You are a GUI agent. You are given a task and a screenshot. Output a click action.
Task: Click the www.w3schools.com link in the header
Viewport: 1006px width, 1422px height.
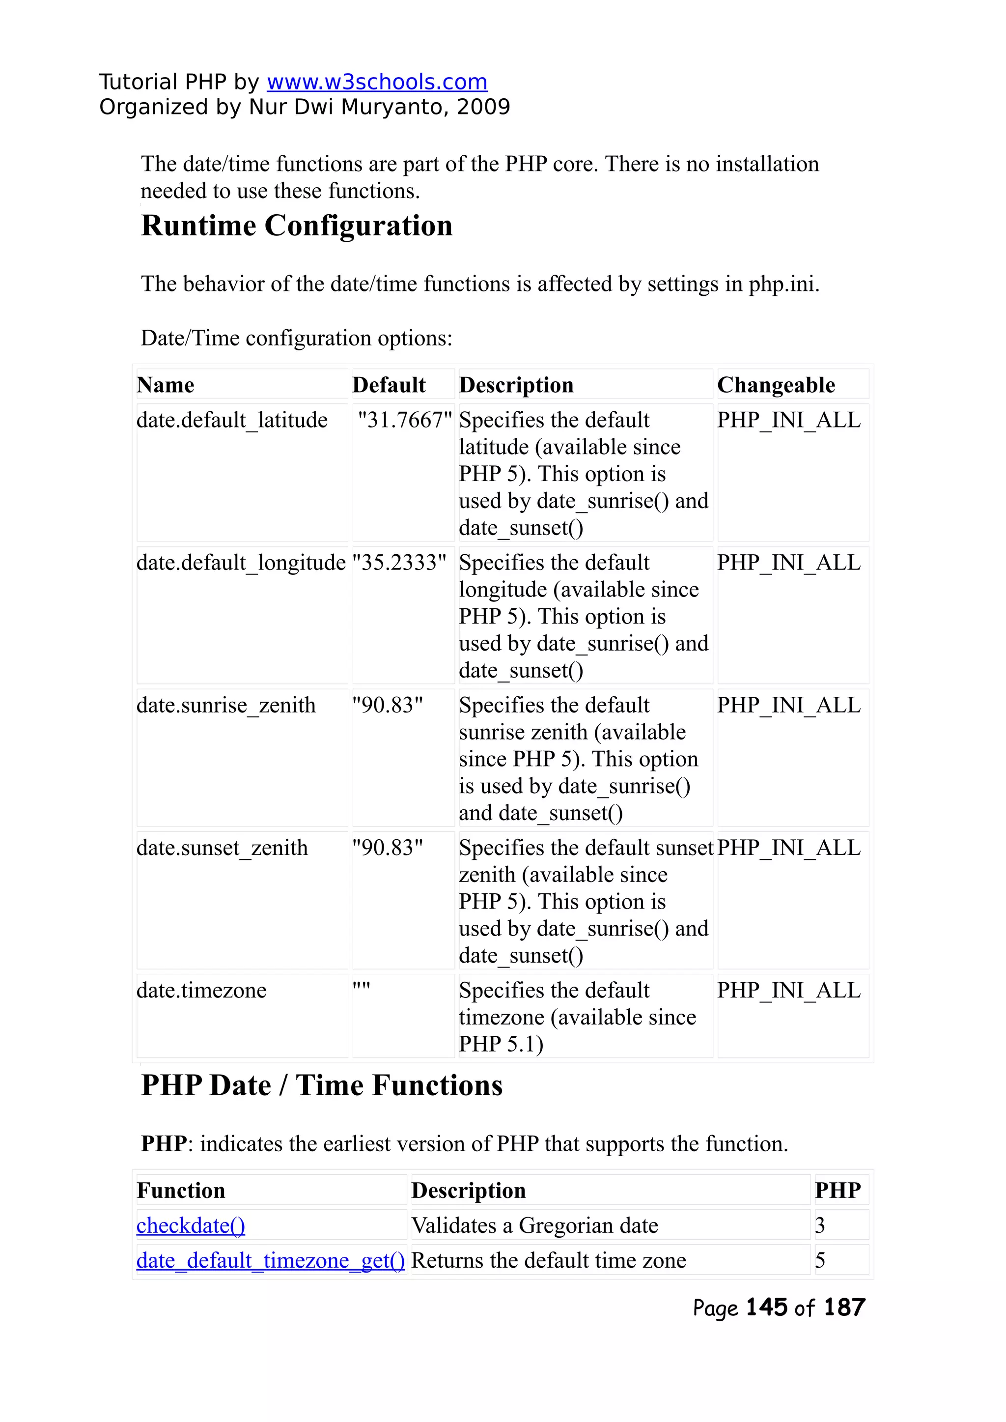(377, 82)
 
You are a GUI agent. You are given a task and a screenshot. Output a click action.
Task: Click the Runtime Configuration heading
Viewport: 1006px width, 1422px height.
(297, 226)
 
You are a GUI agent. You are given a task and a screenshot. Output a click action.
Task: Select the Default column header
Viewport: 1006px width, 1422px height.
(389, 385)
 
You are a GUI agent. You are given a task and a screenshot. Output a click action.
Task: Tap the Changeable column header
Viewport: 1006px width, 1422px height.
(776, 385)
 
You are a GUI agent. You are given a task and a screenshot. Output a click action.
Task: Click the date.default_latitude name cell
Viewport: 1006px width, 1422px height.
(232, 420)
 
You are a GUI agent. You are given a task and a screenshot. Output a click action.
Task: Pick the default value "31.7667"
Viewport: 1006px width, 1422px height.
(404, 420)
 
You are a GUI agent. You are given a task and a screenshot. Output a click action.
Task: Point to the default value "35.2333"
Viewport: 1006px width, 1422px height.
(399, 563)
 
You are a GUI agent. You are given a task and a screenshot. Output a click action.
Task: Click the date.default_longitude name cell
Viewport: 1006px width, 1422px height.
(241, 563)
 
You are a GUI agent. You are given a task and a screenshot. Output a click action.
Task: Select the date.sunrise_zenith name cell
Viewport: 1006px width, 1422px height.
(226, 705)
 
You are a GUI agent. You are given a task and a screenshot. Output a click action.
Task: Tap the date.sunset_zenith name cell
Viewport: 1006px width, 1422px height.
(222, 848)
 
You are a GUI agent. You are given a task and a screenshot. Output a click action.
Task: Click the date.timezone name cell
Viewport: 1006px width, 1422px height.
(201, 990)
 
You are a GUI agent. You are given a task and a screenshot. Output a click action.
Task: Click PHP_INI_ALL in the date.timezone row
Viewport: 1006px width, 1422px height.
(788, 990)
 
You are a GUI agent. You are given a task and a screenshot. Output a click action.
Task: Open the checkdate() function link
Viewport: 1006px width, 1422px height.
(191, 1225)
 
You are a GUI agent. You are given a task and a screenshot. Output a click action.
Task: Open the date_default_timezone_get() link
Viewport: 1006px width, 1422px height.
(271, 1260)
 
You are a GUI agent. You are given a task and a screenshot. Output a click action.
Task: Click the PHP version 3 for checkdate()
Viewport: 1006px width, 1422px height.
(820, 1225)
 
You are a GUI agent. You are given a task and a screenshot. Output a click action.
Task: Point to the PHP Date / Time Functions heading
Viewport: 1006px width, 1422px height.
(322, 1085)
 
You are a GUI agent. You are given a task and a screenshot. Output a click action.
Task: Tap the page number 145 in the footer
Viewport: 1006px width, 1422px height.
(767, 1308)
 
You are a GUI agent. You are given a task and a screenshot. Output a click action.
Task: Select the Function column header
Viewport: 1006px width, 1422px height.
(181, 1190)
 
